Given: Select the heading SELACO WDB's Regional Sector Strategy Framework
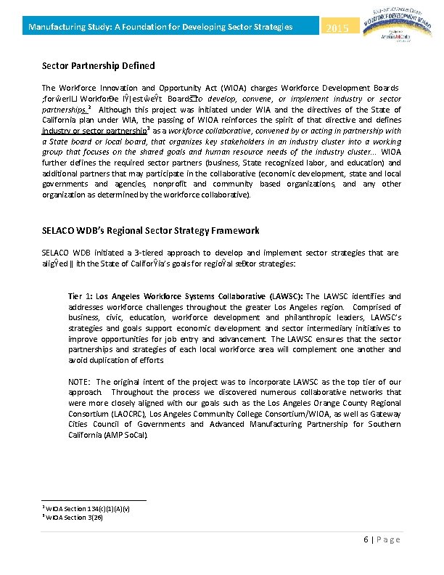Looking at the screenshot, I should click(x=150, y=230).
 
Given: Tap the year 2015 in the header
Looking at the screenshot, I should click(x=338, y=28).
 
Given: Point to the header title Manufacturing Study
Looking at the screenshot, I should click(x=160, y=27).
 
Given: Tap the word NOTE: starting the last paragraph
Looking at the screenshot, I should click(x=80, y=382).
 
